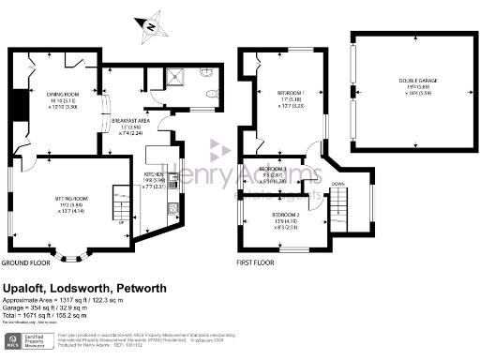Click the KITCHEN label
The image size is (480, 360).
point(154,175)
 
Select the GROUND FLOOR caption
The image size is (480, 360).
point(26,263)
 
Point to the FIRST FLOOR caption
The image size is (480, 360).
point(254,263)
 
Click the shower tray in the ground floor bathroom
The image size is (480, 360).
point(174,77)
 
